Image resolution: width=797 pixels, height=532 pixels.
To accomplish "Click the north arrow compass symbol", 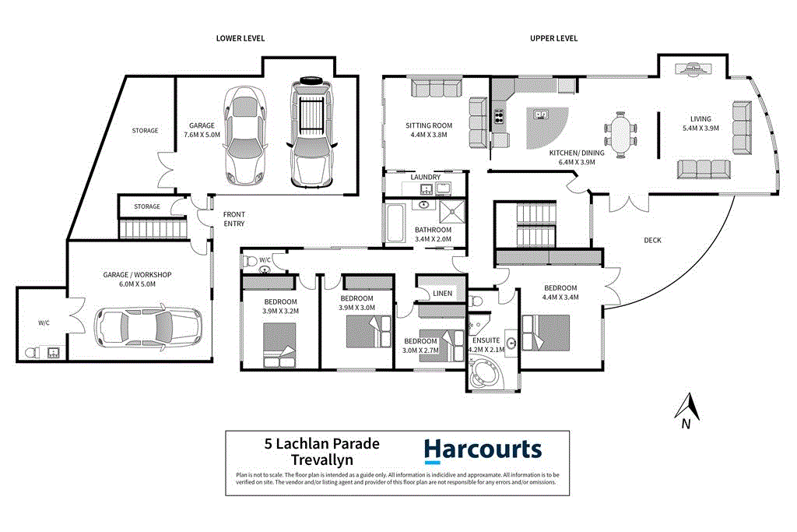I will coord(685,411).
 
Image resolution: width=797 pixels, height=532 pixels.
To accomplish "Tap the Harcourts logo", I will coord(483,451).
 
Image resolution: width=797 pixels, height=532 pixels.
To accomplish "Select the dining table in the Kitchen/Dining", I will coord(620,135).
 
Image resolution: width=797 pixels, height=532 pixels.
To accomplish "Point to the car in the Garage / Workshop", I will coord(147,327).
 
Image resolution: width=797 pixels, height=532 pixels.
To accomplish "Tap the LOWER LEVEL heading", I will coord(241,38).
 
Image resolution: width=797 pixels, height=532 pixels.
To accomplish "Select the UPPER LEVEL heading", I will coord(554,38).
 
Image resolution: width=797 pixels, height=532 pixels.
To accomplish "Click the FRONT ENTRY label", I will coord(234,219).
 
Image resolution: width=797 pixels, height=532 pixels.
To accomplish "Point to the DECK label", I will coord(652,241).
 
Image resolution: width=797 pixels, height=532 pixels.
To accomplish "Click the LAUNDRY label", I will coord(426,178).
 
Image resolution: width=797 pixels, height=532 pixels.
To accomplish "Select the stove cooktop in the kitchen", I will coord(498,118).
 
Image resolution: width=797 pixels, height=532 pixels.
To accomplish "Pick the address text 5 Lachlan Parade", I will coord(322,444).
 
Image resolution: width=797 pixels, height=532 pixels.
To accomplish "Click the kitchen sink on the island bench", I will coord(539,115).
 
